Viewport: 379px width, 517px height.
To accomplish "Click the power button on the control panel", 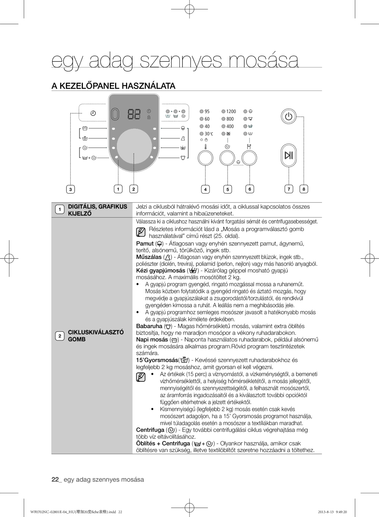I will (288, 117).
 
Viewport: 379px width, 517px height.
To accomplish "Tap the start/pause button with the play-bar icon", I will (288, 155).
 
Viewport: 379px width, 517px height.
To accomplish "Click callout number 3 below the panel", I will (71, 190).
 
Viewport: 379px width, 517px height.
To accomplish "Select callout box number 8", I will (304, 189).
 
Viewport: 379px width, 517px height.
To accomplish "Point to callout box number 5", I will (227, 190).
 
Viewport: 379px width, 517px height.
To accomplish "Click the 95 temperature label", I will (207, 112).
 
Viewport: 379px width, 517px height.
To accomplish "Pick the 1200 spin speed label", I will (231, 112).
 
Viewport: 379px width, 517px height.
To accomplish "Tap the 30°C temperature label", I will (209, 134).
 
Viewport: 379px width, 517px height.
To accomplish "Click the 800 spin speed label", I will (230, 119).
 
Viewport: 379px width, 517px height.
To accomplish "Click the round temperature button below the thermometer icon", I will (205, 158).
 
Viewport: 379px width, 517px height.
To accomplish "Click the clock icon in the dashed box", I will (93, 113).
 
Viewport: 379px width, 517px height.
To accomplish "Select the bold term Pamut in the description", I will (145, 243).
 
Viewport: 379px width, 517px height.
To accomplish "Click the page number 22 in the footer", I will (55, 479).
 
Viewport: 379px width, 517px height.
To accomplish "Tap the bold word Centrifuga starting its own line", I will (150, 430).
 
